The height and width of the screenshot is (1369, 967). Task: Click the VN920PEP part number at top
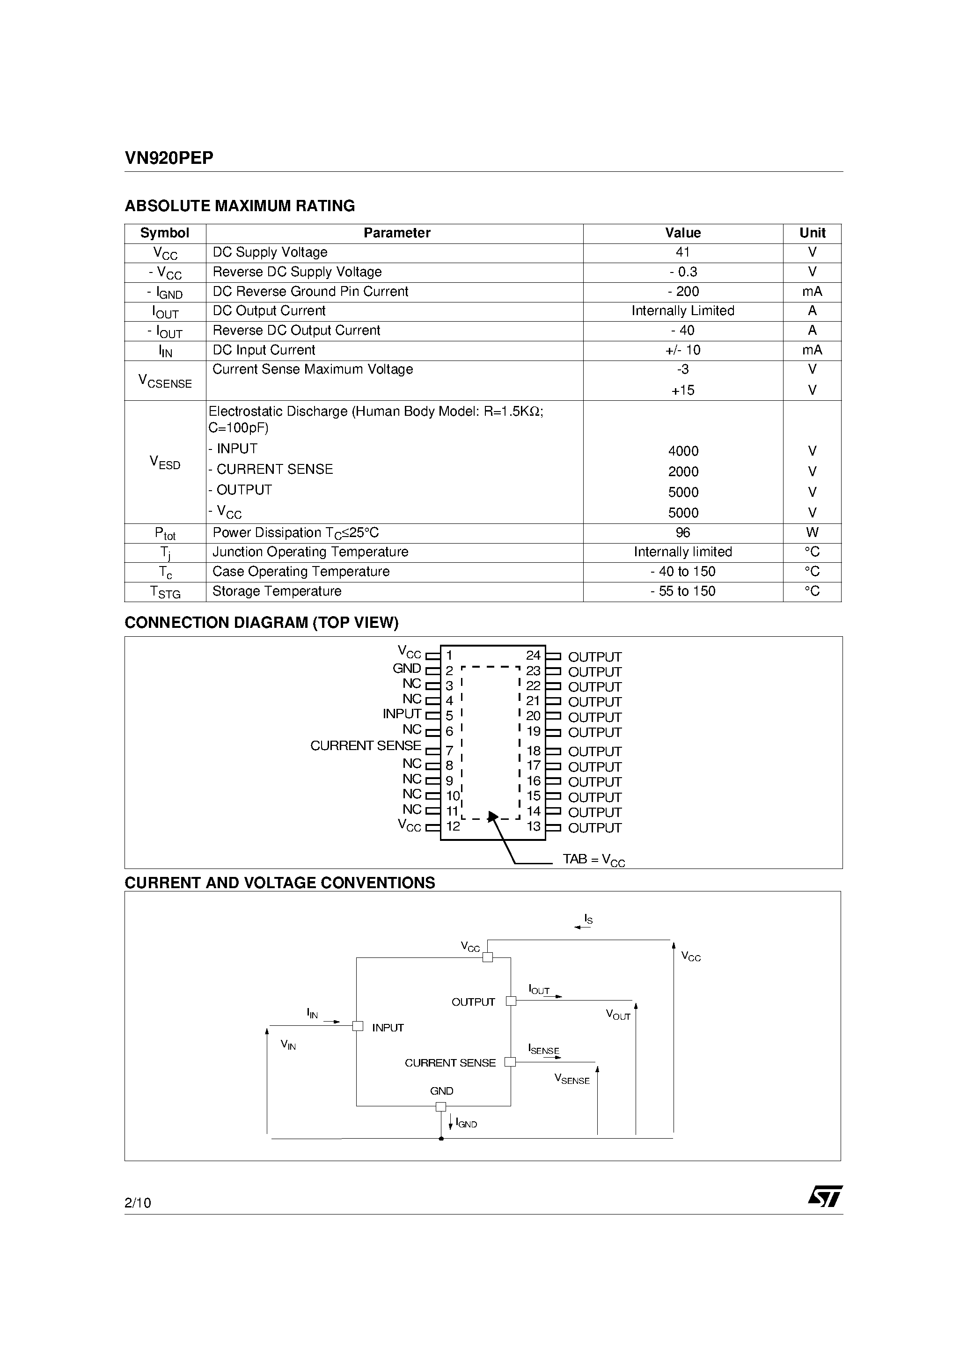[168, 158]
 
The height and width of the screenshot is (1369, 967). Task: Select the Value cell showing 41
[682, 252]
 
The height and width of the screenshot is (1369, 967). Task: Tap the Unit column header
[812, 233]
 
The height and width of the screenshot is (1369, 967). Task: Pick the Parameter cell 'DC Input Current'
[264, 350]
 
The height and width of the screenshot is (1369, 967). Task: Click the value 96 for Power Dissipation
[682, 532]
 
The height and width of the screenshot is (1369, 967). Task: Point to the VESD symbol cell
[165, 462]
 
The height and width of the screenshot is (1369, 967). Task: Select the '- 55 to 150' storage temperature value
[682, 591]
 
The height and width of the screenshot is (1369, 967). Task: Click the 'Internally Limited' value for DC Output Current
[682, 311]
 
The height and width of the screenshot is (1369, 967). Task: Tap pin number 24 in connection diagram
[533, 655]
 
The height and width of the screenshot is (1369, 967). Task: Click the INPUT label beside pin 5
[402, 714]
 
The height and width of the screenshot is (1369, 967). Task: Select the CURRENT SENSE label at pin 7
[366, 745]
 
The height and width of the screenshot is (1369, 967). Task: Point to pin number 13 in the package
[534, 826]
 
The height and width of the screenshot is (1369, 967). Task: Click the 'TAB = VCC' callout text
[593, 859]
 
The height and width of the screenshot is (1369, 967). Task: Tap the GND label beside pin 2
[407, 669]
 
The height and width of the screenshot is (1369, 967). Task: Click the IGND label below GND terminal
[466, 1123]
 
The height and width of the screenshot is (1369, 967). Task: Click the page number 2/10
[138, 1203]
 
